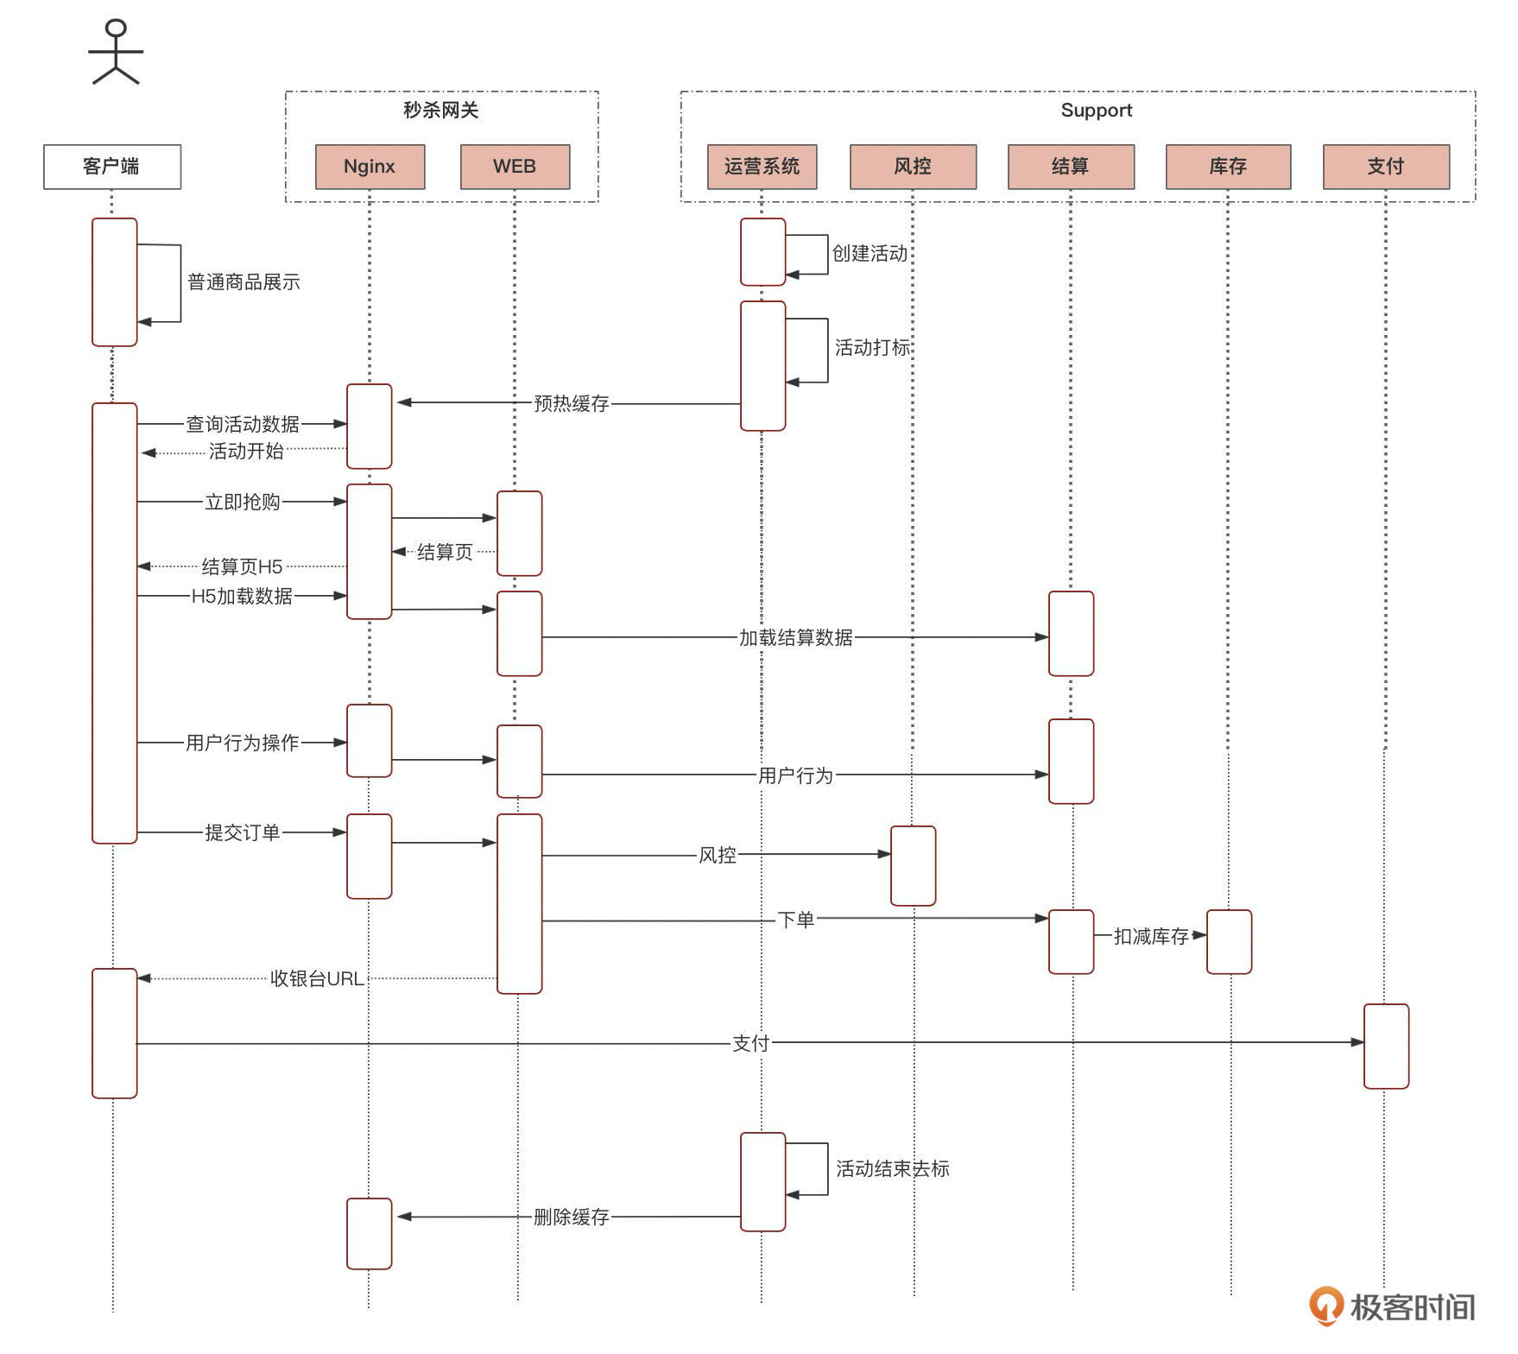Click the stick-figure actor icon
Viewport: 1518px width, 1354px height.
tap(116, 53)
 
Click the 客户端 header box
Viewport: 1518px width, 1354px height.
tap(112, 167)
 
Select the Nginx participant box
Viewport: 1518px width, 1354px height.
tap(370, 167)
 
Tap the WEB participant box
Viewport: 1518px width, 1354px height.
tap(515, 167)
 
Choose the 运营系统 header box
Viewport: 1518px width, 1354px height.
tap(762, 167)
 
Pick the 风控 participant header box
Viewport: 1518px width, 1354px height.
tap(913, 167)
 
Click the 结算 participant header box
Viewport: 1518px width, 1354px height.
tap(1071, 167)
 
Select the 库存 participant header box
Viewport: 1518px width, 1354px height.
tap(1228, 167)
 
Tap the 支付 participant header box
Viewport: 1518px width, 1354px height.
tap(1386, 167)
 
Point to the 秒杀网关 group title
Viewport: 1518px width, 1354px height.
tap(441, 111)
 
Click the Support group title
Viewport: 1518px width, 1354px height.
tap(1096, 111)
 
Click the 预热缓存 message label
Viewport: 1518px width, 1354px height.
tap(572, 403)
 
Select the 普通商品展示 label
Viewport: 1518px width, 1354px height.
tap(244, 282)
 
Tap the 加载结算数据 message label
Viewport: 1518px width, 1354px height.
tap(795, 637)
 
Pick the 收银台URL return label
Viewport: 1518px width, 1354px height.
tap(317, 978)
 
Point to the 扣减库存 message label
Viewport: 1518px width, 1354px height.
tap(1151, 936)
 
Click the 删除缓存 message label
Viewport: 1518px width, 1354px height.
tap(572, 1217)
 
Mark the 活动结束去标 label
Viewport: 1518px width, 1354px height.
tap(892, 1168)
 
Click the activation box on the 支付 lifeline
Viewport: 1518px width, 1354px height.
tap(1386, 1046)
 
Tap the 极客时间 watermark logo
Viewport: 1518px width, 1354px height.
tap(1392, 1307)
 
